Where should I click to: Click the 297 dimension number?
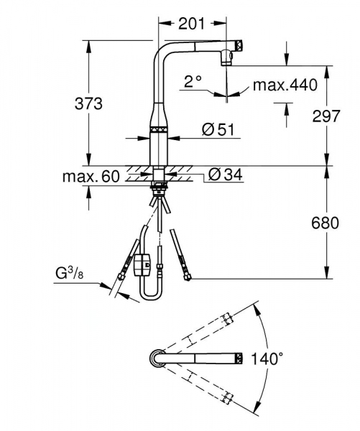click(326, 116)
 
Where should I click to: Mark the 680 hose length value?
click(326, 223)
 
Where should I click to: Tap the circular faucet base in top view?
click(157, 357)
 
